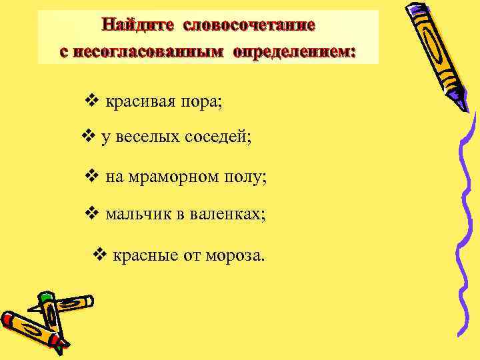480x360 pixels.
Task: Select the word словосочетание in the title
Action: [249, 25]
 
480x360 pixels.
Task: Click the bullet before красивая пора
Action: [93, 101]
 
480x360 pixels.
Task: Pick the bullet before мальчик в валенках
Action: [93, 214]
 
